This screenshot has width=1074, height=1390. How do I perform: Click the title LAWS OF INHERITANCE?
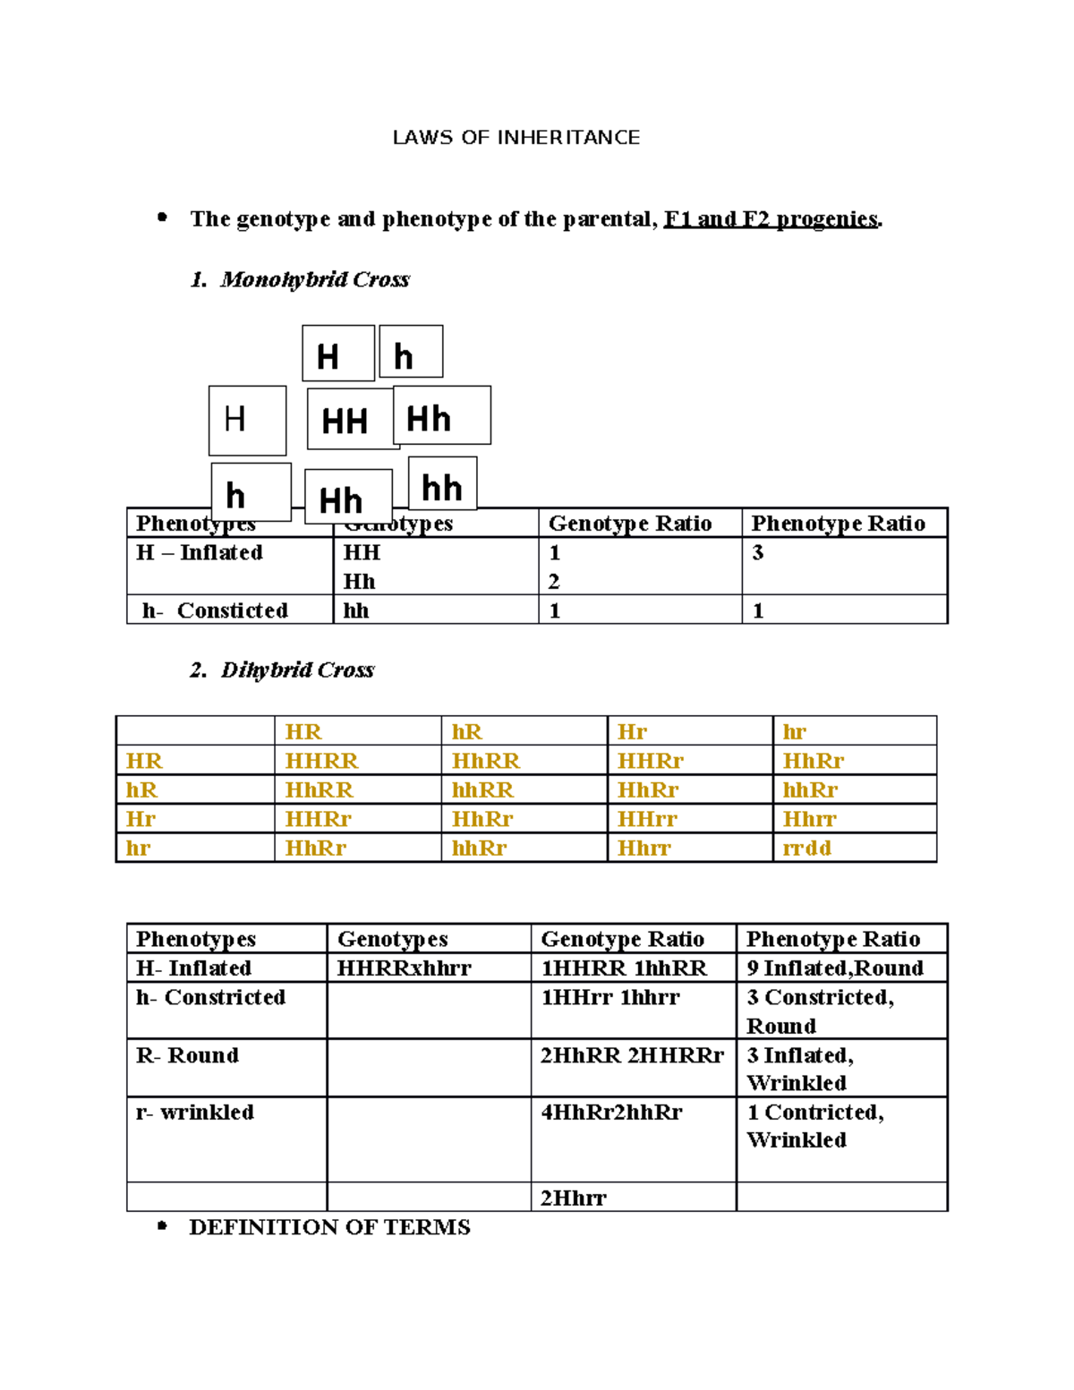(x=516, y=138)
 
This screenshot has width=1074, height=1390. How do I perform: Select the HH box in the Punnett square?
(x=345, y=420)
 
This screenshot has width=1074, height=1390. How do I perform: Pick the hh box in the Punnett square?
(x=442, y=486)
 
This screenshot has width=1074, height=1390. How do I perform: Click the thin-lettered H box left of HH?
(x=246, y=420)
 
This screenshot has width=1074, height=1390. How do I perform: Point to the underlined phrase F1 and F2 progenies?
(x=771, y=219)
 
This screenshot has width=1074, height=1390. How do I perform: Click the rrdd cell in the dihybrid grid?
(x=807, y=848)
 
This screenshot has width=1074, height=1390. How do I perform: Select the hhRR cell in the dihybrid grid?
(x=483, y=790)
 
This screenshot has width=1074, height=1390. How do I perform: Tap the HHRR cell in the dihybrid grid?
(x=321, y=761)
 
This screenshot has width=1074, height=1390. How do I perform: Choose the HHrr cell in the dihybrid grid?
(x=647, y=819)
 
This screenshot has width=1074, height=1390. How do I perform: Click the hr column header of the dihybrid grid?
(x=795, y=732)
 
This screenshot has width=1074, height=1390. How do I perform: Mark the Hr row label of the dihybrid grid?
(x=141, y=819)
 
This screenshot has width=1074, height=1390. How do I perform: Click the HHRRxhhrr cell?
(x=404, y=968)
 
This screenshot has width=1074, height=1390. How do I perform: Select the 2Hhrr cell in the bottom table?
(x=574, y=1198)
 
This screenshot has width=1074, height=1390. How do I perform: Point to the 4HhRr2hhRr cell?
(x=611, y=1113)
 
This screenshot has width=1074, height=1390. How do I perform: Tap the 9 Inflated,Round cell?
(x=834, y=968)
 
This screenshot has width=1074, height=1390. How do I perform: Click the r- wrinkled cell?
(x=195, y=1113)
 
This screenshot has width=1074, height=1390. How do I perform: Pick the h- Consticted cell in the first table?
(x=215, y=610)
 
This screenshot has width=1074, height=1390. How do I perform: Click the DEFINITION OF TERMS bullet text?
(x=329, y=1227)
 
